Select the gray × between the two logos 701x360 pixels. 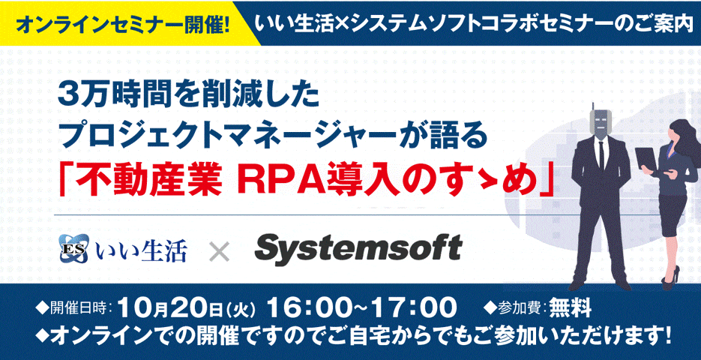220,252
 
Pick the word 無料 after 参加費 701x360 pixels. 570,308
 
